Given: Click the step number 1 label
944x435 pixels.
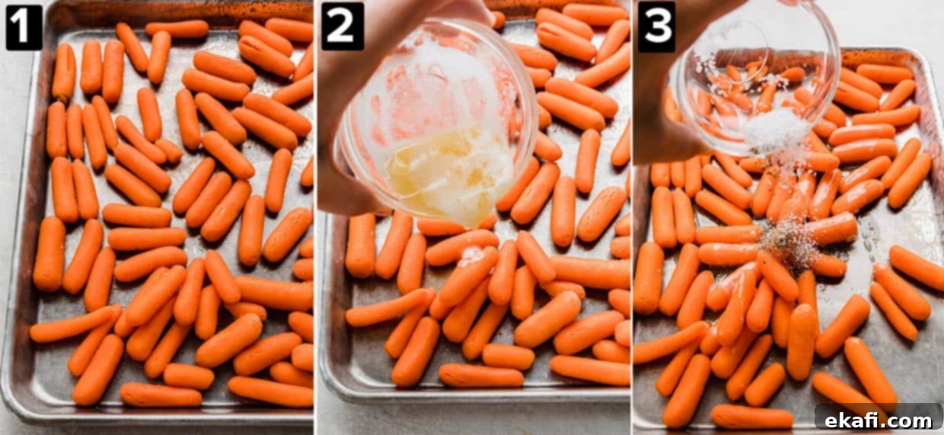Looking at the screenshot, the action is click(x=24, y=27).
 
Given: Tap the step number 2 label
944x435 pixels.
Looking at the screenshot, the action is click(x=343, y=27).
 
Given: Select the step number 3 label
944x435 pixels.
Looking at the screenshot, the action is click(x=656, y=27).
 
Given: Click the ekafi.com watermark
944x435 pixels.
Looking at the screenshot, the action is click(x=879, y=421).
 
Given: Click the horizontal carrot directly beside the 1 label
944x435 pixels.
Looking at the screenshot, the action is click(x=177, y=29).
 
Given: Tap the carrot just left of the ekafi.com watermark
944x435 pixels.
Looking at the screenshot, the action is click(x=840, y=392).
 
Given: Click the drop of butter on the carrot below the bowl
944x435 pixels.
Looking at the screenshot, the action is click(x=473, y=254).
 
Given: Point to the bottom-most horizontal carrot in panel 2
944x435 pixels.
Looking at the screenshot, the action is click(x=481, y=376).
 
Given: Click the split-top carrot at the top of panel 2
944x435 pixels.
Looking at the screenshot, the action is click(x=566, y=41).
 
